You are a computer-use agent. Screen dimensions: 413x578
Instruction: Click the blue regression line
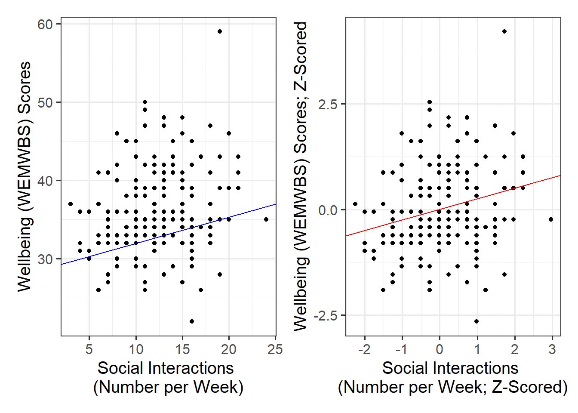172,234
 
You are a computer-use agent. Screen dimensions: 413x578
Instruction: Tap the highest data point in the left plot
220,31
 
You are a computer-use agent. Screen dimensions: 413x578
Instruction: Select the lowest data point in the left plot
192,321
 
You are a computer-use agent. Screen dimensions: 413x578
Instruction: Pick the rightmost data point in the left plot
266,219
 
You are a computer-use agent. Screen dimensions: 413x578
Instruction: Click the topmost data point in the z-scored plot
504,31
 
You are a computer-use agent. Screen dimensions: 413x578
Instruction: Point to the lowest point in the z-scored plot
477,321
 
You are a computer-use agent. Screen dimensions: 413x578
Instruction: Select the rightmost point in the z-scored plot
551,219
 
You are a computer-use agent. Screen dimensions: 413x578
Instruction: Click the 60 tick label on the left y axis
45,25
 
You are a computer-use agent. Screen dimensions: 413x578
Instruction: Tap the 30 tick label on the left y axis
45,259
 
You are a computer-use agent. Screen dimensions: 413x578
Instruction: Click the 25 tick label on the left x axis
275,349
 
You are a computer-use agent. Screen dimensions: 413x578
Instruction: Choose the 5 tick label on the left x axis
89,349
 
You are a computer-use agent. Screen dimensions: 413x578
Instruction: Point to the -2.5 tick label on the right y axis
326,316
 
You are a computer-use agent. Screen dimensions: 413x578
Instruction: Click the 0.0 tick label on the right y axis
328,210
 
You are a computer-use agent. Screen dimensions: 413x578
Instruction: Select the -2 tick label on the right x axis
363,349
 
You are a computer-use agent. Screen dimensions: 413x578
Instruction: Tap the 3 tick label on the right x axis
553,349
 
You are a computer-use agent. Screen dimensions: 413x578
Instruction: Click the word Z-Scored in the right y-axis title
301,56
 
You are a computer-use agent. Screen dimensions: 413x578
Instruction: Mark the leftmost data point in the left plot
71,204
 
